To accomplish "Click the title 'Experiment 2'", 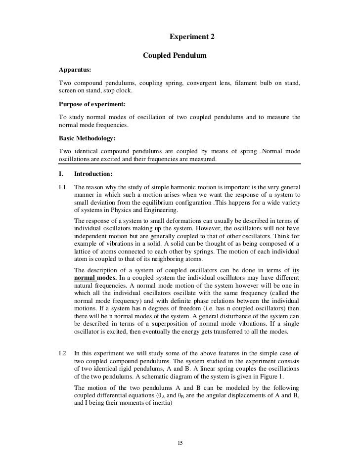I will tap(192, 37).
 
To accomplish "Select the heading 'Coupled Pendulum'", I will tap(174, 56).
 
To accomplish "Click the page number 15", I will tap(180, 442).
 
